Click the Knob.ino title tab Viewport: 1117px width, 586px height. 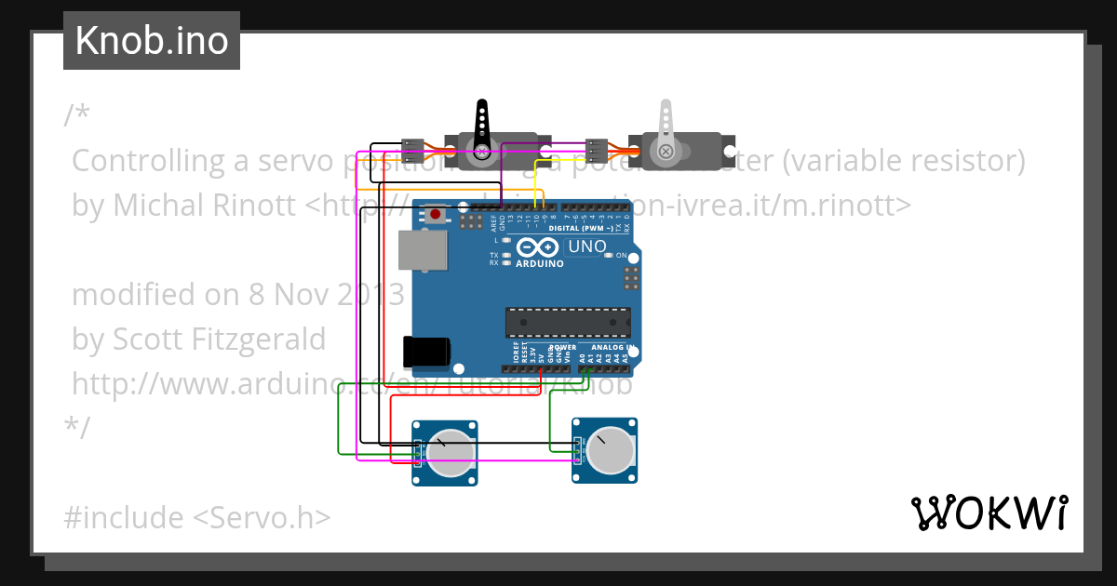(152, 41)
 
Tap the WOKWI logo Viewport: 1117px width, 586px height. (989, 513)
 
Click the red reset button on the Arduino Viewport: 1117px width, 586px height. (435, 215)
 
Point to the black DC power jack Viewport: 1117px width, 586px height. (426, 352)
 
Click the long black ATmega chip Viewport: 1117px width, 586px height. (568, 322)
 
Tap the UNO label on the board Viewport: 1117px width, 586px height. (587, 247)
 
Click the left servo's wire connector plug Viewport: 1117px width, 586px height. (412, 148)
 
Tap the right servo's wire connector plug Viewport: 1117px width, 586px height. (597, 148)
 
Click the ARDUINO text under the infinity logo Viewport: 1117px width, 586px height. (540, 263)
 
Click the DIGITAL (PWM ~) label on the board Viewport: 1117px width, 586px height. (581, 228)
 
